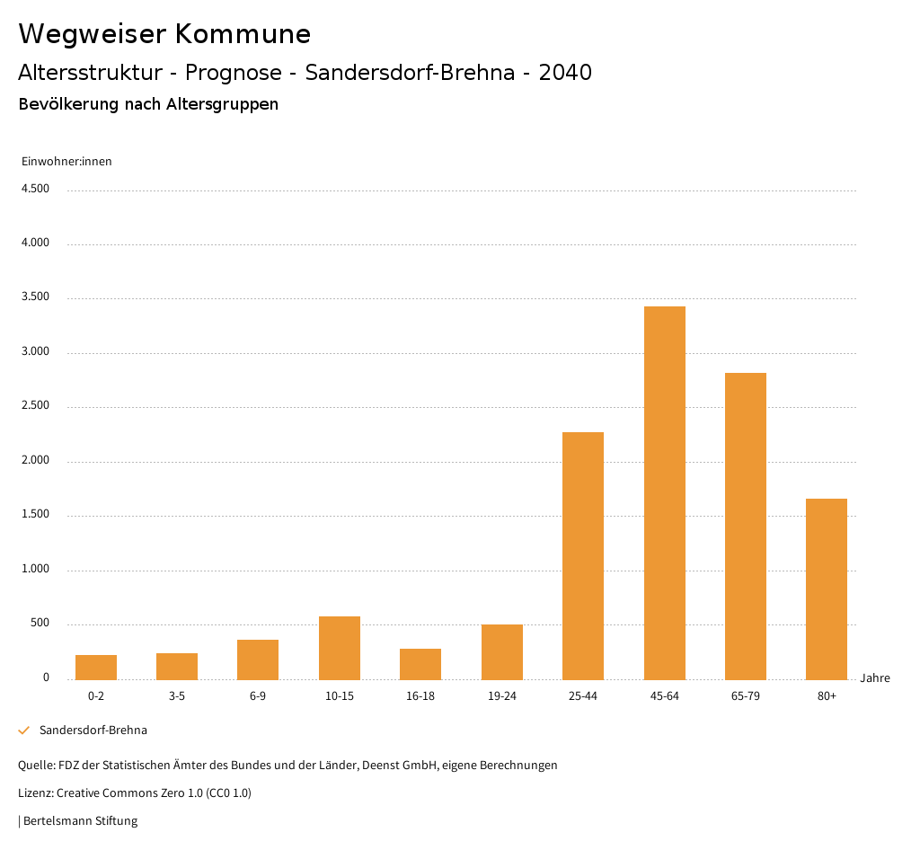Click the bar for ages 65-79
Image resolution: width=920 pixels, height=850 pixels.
coord(745,526)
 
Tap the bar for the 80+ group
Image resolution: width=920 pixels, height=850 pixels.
coord(827,589)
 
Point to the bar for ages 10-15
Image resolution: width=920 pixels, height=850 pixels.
coord(340,648)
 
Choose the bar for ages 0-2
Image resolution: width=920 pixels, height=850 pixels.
coord(96,667)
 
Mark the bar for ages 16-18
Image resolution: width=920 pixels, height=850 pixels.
coord(420,664)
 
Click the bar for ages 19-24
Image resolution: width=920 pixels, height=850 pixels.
coord(501,651)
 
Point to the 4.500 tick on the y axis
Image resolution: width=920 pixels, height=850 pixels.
coord(35,189)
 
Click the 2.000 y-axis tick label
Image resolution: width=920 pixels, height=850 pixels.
coord(35,461)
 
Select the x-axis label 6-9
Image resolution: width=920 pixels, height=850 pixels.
coord(258,696)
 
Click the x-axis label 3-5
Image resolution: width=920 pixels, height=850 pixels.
coord(177,696)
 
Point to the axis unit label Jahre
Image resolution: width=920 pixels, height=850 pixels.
coord(874,678)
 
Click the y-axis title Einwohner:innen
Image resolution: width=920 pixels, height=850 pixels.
coord(66,162)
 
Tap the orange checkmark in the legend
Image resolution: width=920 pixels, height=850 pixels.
coord(24,730)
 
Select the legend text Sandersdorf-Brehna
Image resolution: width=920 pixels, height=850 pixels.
coord(93,730)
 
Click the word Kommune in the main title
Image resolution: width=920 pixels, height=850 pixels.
coord(243,34)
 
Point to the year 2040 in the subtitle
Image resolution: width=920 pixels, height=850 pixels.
coord(565,73)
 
